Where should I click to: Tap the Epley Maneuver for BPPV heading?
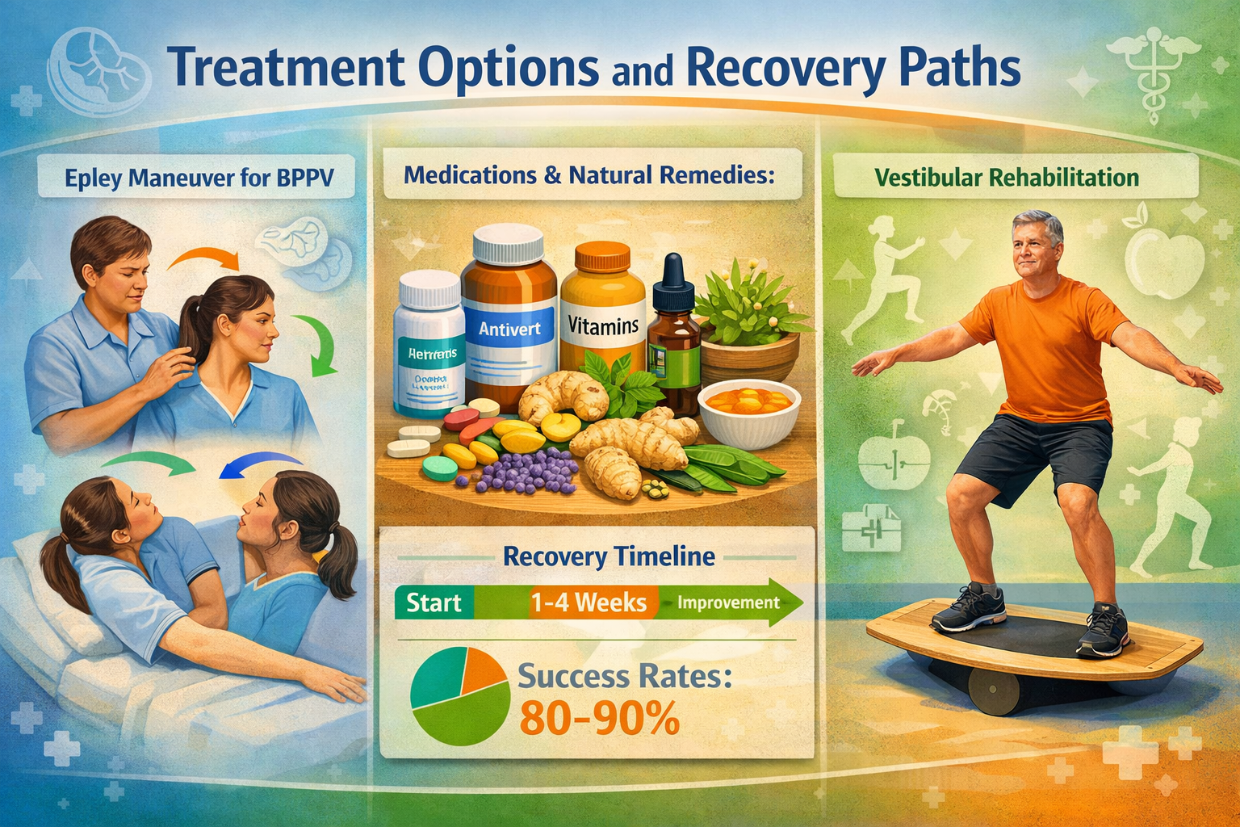tap(199, 178)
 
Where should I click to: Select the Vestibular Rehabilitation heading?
tap(1007, 177)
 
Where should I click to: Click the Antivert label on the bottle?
tap(509, 329)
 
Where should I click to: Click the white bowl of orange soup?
tap(750, 411)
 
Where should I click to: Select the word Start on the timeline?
tap(434, 603)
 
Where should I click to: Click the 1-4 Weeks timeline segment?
tap(589, 603)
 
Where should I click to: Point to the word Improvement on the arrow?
tap(728, 603)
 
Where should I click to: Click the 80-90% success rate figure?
tap(598, 718)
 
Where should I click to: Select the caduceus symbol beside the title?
tap(1151, 63)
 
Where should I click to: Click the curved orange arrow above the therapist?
tap(206, 258)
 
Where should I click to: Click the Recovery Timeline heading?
tap(609, 556)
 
